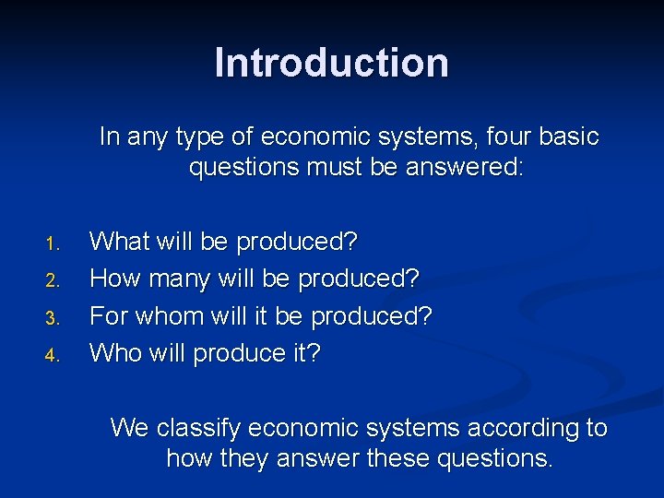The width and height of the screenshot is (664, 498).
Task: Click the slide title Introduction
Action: [332, 64]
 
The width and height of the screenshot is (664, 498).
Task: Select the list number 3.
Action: [52, 318]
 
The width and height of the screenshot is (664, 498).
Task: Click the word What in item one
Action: [117, 242]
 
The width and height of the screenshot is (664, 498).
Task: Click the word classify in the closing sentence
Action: [198, 429]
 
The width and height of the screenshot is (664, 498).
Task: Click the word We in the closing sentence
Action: [129, 429]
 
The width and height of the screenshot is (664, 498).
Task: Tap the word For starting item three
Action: [109, 315]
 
